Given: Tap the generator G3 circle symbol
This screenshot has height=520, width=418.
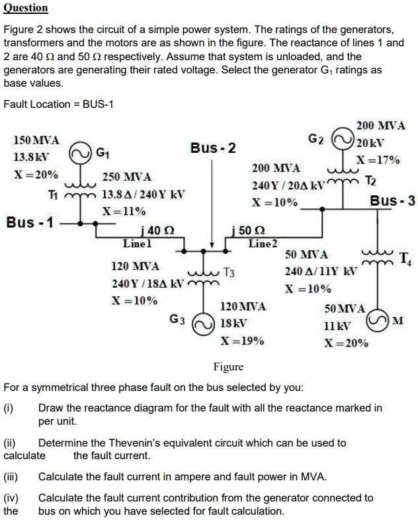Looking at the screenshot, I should (202, 322).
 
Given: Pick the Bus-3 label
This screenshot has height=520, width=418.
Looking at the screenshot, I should (392, 200).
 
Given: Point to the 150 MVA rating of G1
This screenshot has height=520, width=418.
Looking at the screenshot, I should (36, 141).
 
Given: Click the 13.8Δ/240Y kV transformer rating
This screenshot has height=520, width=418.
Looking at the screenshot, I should (144, 195).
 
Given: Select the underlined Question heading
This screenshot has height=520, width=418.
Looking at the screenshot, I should (26, 8).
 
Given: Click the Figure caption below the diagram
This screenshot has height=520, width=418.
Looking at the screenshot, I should (228, 367).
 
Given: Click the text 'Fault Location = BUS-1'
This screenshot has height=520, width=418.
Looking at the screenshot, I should (59, 104).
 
